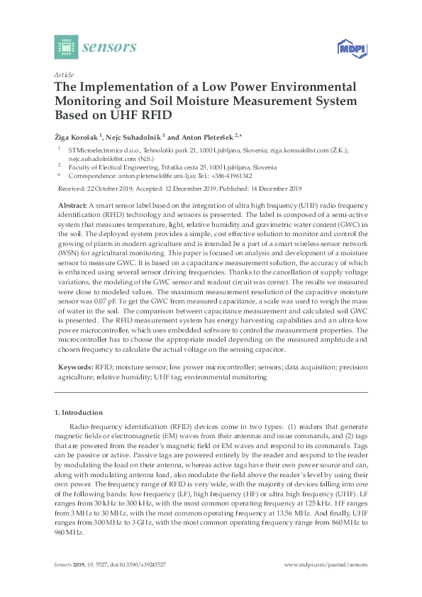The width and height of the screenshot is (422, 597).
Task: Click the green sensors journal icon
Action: pos(65,48)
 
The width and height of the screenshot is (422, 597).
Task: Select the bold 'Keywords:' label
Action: pos(74,369)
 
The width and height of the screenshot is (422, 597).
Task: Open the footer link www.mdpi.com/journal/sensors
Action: pos(326,564)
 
